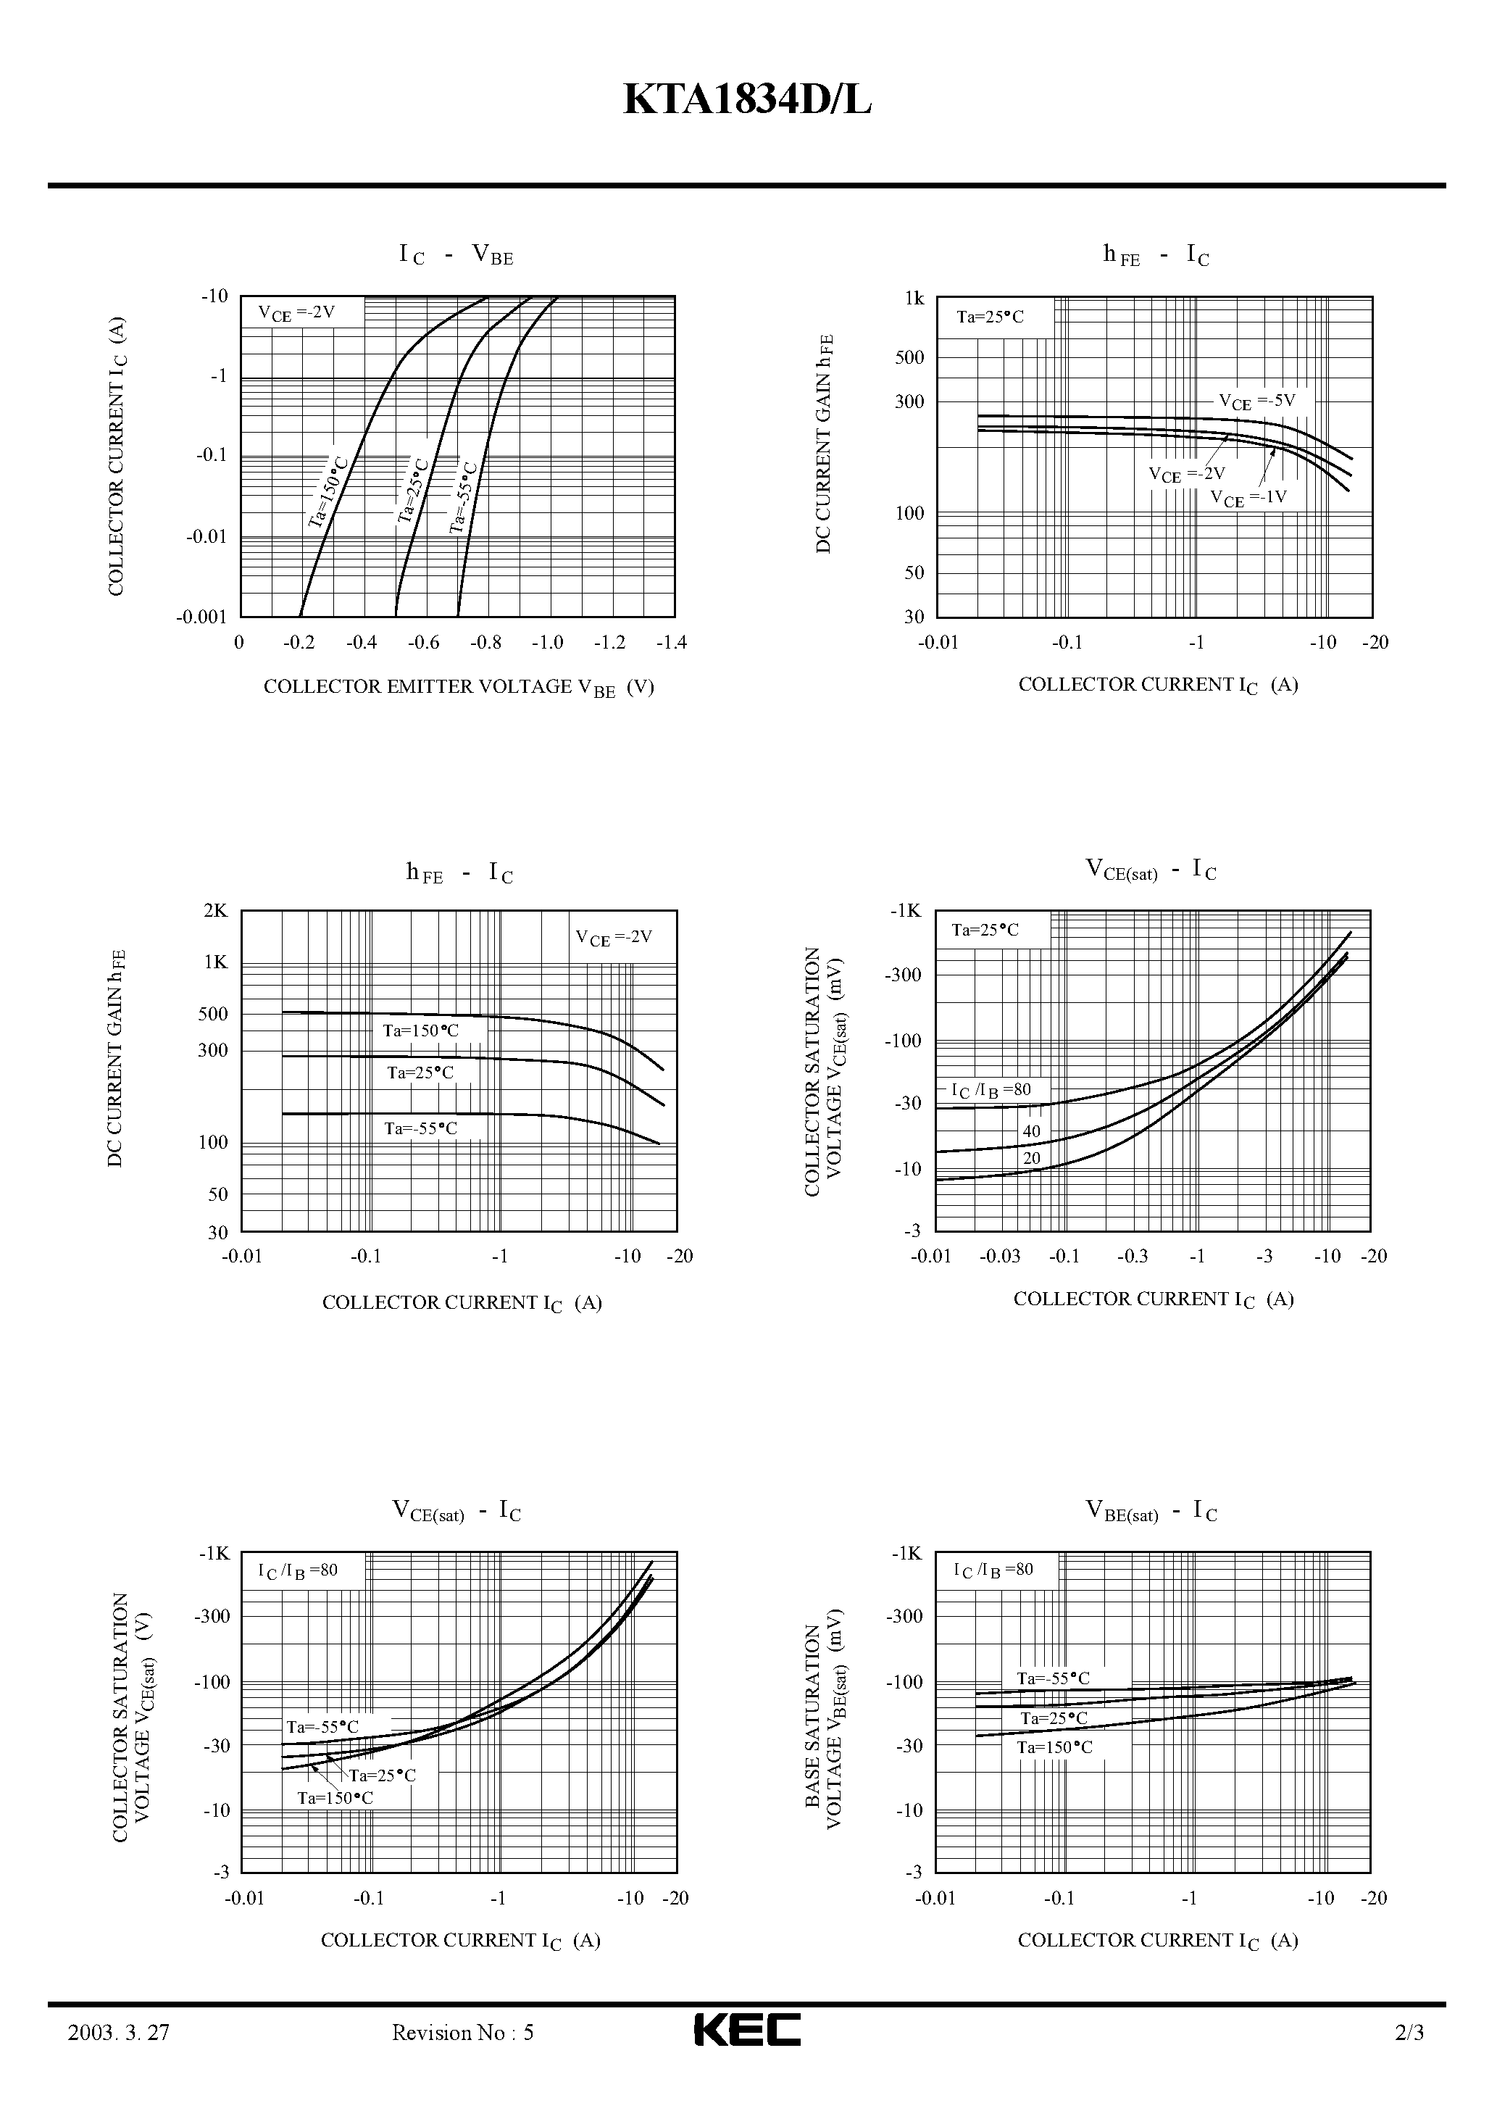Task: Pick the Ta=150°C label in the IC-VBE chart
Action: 328,491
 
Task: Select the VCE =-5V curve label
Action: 1257,401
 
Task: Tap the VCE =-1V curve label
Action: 1248,499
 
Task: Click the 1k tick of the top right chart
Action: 914,298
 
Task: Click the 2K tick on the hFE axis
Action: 215,911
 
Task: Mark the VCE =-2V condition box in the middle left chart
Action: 614,938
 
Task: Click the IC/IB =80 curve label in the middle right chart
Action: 991,1091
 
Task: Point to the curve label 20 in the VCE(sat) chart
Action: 1032,1158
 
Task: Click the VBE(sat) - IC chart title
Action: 1151,1512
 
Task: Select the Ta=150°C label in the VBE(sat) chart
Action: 1055,1748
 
